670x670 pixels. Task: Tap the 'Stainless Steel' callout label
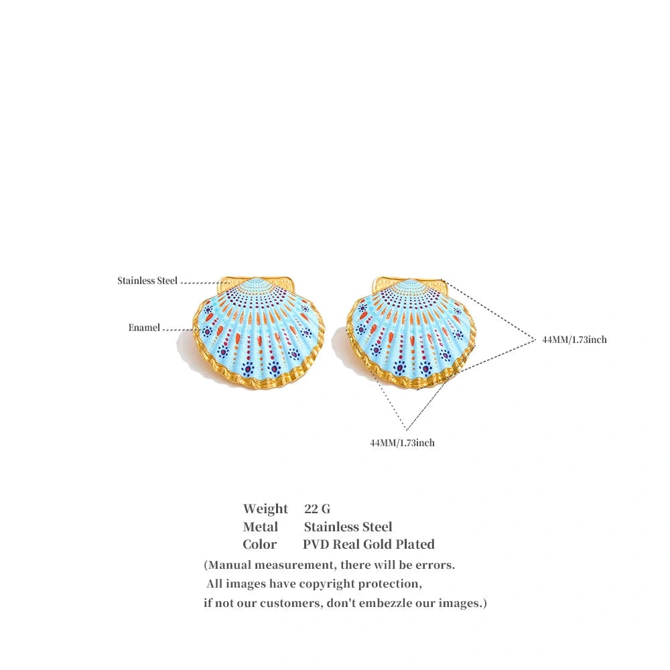[x=147, y=281]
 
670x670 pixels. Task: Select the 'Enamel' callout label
[x=144, y=328]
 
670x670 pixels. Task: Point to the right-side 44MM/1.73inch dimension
[x=574, y=340]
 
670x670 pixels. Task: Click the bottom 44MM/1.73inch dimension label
[x=402, y=443]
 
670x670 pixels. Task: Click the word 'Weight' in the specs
[x=265, y=509]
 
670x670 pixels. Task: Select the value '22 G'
[x=317, y=509]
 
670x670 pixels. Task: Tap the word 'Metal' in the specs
[x=260, y=527]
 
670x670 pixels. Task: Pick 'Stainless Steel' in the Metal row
[x=348, y=527]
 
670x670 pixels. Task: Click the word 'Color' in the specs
[x=259, y=545]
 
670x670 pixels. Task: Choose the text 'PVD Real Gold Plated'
[x=368, y=545]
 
